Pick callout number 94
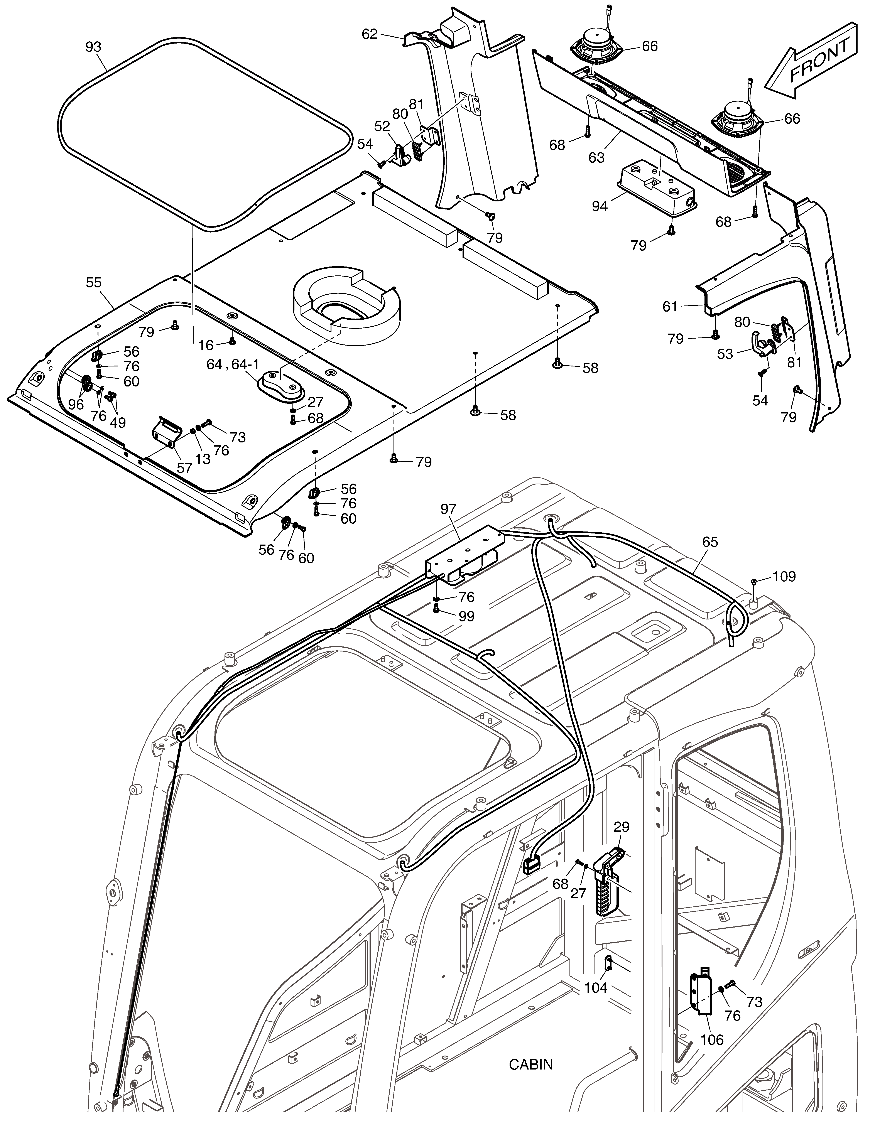[600, 206]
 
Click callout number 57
[184, 467]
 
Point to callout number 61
[670, 307]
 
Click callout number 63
[597, 157]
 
